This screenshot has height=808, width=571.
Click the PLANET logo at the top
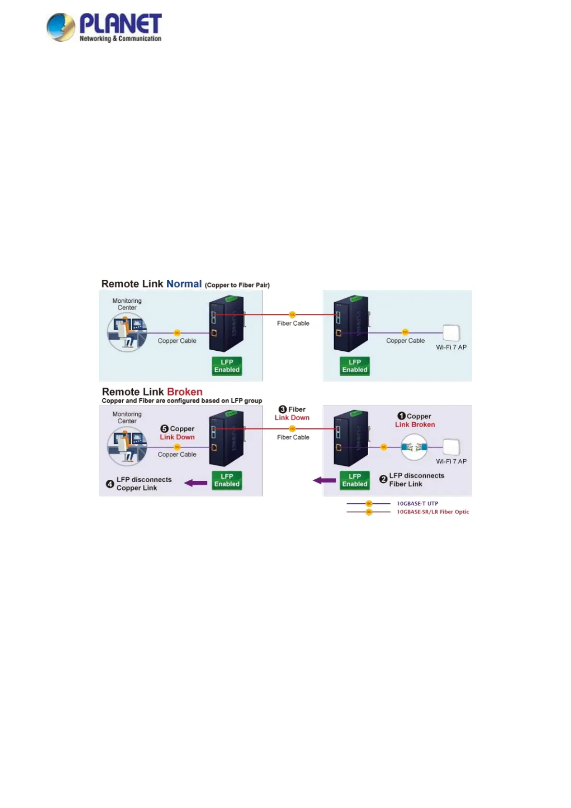(104, 27)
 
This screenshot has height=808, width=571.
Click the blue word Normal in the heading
(184, 284)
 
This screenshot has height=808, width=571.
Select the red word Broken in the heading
(185, 392)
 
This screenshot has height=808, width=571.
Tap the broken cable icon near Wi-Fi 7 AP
(414, 447)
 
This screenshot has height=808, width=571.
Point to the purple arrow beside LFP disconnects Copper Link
(196, 483)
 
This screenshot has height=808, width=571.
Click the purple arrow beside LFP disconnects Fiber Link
(325, 480)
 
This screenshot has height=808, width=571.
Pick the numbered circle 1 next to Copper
(402, 416)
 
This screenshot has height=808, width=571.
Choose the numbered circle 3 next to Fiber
(283, 409)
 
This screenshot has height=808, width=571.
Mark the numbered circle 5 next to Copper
(164, 428)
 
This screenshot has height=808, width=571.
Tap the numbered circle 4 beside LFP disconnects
(110, 484)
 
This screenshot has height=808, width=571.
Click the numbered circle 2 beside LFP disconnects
(383, 479)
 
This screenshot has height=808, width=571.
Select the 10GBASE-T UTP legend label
(417, 503)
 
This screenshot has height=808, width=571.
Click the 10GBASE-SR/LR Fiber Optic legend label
(432, 511)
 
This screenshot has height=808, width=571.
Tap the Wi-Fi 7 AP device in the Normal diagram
(451, 333)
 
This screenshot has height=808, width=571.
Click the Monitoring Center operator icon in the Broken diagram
(127, 447)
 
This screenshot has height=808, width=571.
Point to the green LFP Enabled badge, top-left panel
(227, 366)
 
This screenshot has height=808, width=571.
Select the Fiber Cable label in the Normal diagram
(293, 323)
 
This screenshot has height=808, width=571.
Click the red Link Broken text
(415, 425)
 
